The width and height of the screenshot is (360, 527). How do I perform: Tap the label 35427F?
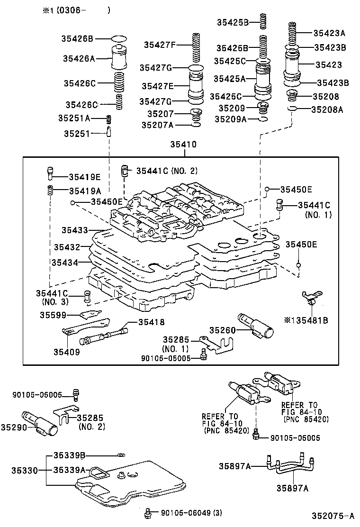(160, 45)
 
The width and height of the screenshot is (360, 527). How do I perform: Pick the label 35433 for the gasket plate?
(74, 230)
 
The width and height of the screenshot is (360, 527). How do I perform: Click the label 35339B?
(69, 455)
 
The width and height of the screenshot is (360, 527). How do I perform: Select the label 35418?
(151, 322)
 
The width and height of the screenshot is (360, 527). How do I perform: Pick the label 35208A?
(327, 109)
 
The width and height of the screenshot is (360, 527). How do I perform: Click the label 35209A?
(230, 119)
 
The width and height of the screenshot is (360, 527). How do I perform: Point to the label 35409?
(66, 352)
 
